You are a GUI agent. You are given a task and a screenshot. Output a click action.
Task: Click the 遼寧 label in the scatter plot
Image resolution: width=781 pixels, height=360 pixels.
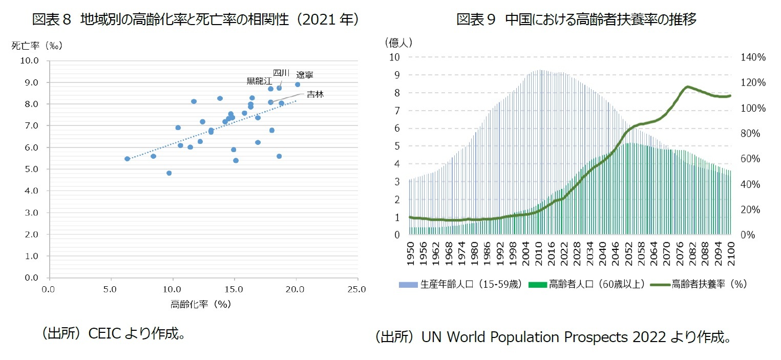(x=305, y=75)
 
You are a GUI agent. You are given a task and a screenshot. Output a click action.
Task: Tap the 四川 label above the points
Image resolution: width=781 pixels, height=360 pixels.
(x=281, y=72)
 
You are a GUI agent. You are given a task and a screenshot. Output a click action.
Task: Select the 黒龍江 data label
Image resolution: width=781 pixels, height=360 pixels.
(x=259, y=81)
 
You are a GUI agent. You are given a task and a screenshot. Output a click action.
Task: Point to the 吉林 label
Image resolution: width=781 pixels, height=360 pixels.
(x=315, y=94)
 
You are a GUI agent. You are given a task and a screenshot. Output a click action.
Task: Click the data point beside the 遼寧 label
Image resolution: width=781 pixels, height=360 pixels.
(x=298, y=84)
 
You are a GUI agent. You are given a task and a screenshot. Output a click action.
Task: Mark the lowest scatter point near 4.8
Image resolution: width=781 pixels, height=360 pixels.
(x=169, y=173)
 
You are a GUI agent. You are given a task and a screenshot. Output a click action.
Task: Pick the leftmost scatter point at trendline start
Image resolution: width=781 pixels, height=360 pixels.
(x=128, y=159)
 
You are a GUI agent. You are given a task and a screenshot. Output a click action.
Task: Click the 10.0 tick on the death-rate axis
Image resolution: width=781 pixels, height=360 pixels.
(x=30, y=60)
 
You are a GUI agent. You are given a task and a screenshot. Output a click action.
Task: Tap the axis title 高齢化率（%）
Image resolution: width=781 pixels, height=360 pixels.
(x=201, y=304)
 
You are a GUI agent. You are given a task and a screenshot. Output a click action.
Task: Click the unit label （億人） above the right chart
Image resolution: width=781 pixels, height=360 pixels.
(x=398, y=42)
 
